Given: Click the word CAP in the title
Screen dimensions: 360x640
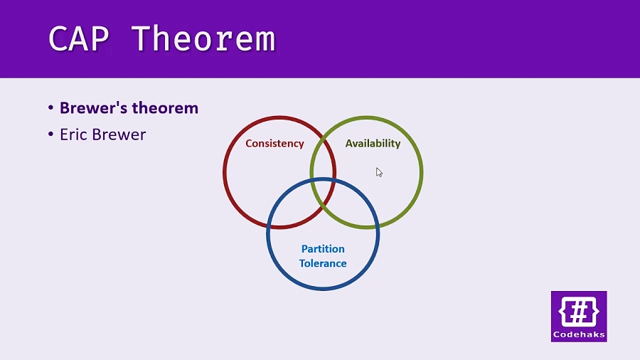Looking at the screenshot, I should click(79, 38).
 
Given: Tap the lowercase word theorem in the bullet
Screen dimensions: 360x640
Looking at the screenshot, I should click(166, 108).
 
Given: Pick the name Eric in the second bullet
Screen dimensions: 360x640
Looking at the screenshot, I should click(73, 134).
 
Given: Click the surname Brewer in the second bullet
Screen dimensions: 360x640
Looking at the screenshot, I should click(119, 134).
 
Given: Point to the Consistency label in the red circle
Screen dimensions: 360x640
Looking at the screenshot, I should click(274, 143).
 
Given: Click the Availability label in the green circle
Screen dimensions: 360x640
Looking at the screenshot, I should click(373, 143).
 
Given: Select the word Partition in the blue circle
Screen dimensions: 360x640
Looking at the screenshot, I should click(323, 249).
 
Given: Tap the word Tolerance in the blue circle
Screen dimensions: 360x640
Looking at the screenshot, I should click(323, 263).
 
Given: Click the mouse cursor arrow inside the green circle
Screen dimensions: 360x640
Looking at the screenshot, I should click(379, 172).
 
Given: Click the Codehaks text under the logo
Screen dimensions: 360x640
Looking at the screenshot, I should click(579, 334).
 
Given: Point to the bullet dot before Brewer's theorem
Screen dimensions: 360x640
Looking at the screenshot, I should click(51, 108).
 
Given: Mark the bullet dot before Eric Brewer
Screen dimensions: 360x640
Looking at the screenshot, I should click(51, 134).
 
